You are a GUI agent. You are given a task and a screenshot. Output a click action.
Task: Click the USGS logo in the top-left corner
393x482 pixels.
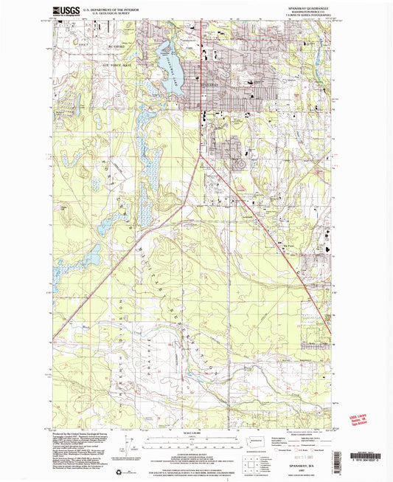64,10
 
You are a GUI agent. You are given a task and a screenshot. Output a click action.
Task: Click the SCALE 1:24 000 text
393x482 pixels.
196,432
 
